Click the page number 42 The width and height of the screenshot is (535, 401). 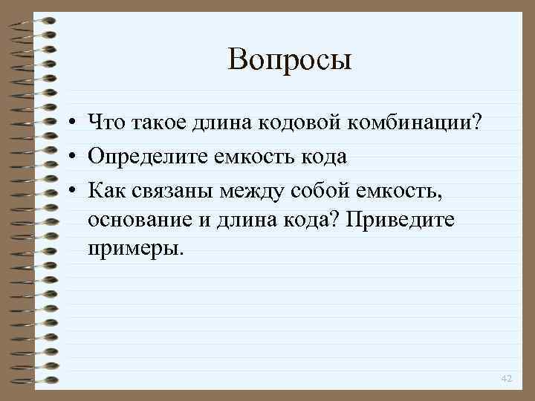coord(507,379)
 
